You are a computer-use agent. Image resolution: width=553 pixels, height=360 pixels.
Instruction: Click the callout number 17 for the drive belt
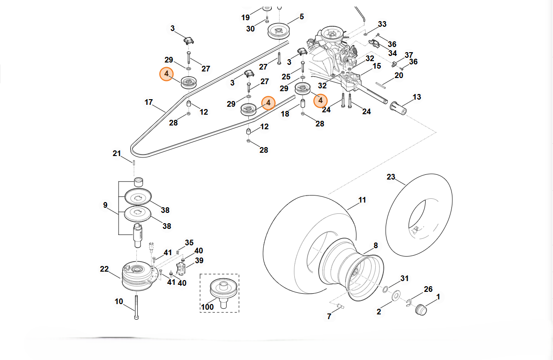click(149, 102)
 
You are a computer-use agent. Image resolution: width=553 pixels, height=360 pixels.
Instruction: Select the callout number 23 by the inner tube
click(391, 177)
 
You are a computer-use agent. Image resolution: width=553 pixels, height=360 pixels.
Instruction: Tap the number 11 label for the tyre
click(362, 200)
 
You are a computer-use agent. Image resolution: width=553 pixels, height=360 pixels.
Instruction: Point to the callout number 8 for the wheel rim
click(376, 245)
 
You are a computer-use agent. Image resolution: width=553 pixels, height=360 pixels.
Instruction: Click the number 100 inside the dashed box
click(207, 307)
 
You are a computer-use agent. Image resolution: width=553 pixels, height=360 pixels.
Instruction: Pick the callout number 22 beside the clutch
click(104, 269)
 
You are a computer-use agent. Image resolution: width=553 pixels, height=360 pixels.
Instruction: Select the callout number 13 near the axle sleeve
click(417, 97)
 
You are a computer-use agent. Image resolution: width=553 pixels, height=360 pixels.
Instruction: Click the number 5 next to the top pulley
click(301, 17)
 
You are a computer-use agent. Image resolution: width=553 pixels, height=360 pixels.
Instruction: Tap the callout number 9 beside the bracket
click(105, 205)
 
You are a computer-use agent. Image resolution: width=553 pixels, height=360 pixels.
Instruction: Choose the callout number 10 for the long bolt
click(118, 301)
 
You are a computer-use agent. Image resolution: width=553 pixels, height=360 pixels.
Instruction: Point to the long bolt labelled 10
click(136, 307)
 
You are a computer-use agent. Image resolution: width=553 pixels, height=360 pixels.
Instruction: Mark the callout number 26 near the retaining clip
click(428, 289)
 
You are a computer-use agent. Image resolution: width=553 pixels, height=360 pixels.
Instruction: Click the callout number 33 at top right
click(382, 24)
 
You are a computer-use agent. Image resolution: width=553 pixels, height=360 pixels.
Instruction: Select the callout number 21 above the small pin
click(117, 153)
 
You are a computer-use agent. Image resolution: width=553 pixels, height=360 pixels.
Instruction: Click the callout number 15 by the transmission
click(377, 66)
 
